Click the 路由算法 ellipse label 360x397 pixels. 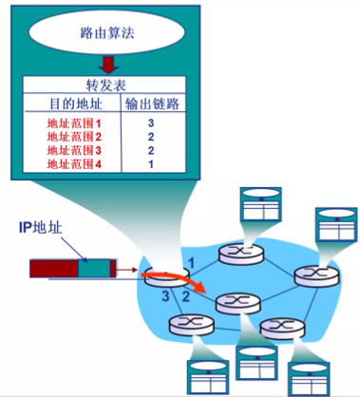107,33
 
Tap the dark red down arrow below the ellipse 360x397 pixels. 108,65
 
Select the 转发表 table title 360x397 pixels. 106,85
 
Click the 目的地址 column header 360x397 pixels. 76,104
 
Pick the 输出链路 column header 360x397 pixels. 152,104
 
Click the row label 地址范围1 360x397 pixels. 74,123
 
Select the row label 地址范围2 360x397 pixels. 74,137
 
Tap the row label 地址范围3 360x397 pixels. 74,150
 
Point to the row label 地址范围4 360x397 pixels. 74,164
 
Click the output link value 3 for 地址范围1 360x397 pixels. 151,123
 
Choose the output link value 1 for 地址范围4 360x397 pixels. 151,164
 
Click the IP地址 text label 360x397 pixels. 40,227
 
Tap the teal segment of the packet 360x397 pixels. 94,269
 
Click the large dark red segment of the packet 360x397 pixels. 54,269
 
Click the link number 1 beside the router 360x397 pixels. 191,263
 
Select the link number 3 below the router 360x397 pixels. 165,296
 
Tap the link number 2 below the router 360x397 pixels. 186,296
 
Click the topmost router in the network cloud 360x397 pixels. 241,254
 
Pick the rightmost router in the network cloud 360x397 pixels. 317,275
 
